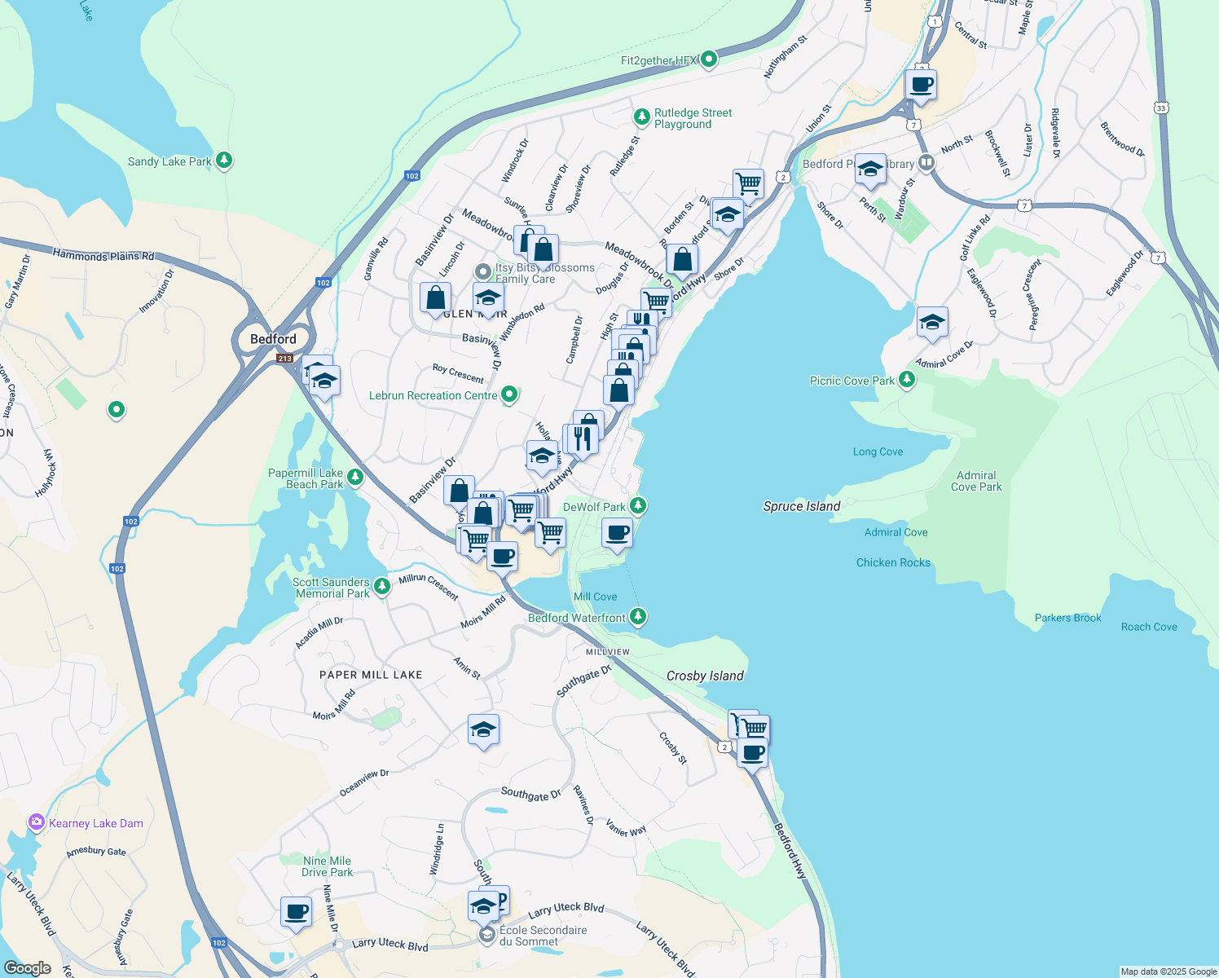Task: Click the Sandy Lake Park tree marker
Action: click(224, 161)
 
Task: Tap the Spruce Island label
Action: click(801, 506)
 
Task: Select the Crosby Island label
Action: click(704, 676)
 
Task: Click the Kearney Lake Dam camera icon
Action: click(37, 822)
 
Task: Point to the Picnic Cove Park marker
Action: click(906, 381)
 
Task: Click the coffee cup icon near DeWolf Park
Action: click(617, 534)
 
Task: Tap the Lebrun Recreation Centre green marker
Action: click(509, 395)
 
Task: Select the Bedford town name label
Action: click(273, 339)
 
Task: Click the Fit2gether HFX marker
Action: click(709, 59)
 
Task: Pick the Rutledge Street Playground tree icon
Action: click(642, 118)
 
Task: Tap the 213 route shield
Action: click(284, 359)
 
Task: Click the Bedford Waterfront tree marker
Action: click(638, 617)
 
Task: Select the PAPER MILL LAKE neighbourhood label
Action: click(371, 675)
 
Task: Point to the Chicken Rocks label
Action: click(893, 562)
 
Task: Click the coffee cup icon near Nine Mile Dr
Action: click(296, 911)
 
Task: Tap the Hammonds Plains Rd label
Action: click(103, 256)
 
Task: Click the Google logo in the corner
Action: click(27, 967)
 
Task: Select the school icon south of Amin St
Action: click(483, 729)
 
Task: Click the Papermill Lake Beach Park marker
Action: click(354, 476)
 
